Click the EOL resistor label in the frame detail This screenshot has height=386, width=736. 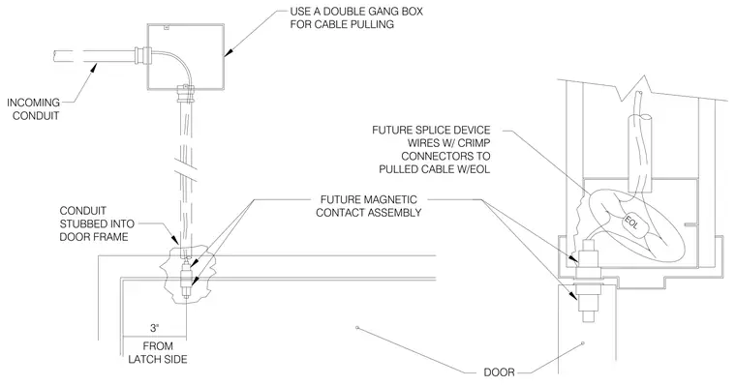(630, 223)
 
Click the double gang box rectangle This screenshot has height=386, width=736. (185, 24)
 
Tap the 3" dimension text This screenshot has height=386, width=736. (154, 328)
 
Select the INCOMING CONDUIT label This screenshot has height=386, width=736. (33, 108)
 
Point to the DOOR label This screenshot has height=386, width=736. (500, 372)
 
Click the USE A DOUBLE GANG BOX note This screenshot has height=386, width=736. (356, 17)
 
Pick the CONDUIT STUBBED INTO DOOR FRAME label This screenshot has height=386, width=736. (97, 223)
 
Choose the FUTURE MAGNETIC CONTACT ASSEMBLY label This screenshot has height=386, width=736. (368, 206)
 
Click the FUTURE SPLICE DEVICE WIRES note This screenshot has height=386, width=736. (431, 149)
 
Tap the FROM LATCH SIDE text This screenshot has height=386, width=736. (158, 353)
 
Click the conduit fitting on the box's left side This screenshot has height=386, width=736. (142, 55)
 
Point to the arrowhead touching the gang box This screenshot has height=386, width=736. (228, 51)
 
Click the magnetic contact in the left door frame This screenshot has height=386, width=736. (186, 279)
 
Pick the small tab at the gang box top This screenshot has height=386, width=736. (166, 27)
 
